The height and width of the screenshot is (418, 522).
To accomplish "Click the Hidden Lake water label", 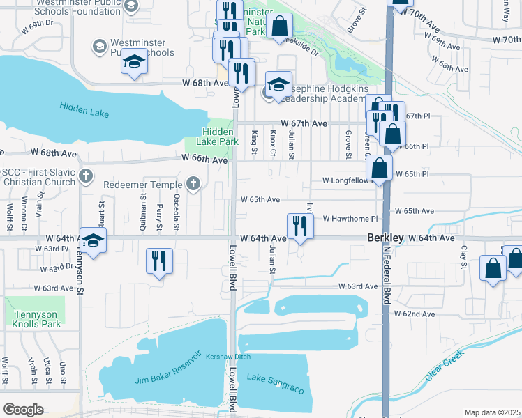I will pos(81,107).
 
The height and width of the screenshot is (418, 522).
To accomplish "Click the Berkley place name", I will pos(385,238).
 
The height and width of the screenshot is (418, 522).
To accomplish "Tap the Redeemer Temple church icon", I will pos(193,185).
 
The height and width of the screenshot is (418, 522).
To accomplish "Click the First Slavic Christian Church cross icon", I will pos(85,175).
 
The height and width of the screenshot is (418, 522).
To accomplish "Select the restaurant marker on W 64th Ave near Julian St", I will pos(300,226).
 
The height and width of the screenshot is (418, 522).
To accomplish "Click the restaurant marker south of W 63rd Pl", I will pos(159,261).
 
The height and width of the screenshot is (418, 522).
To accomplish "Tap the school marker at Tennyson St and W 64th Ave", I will pos(93,240).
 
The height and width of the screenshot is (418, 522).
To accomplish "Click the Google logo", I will pos(23,410).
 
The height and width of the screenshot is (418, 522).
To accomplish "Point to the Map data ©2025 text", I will pos(492,412).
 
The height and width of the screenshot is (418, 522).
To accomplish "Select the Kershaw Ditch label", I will pos(222,356).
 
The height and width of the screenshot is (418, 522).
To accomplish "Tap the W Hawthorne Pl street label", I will pos(350,218).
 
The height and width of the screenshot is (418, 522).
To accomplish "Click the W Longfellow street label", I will pos(345,180).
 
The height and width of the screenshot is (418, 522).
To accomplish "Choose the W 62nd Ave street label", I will pos(415,314).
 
